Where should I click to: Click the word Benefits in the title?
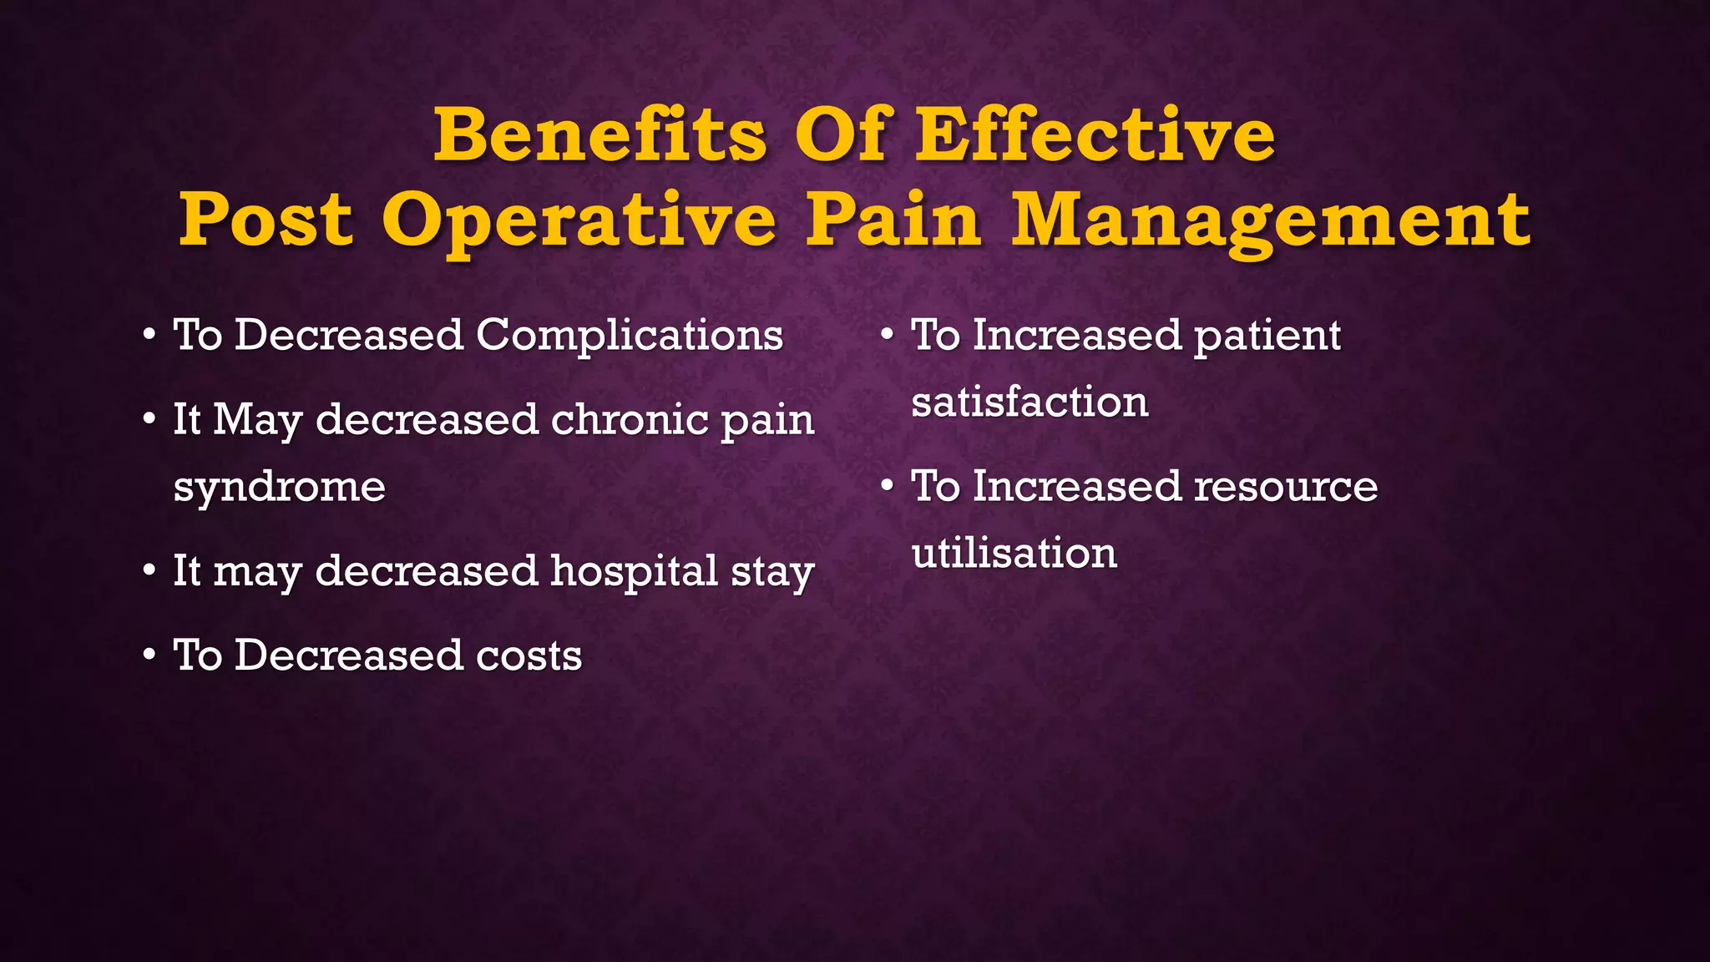tap(600, 135)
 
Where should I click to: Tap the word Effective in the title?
tap(1095, 135)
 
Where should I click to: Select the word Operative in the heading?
tap(579, 220)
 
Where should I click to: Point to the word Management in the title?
tap(1271, 220)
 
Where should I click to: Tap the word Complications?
tap(630, 336)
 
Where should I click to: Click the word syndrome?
tap(279, 487)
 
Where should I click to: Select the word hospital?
tap(634, 571)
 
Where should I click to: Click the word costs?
tap(529, 656)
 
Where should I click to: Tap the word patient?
tap(1267, 336)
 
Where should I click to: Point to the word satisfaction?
tap(1030, 403)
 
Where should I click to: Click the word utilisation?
tap(1014, 554)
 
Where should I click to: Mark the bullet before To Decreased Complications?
tap(149, 336)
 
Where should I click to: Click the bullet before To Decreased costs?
tap(149, 656)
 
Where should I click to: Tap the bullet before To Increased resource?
tap(887, 487)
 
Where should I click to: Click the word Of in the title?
tap(840, 135)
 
